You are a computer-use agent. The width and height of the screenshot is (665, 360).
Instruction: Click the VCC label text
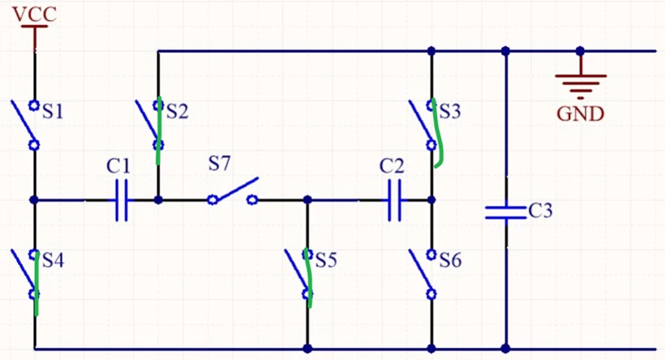[34, 14]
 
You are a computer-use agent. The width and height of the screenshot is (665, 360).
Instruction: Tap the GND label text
[580, 114]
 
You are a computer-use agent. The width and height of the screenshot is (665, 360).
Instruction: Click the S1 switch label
[53, 112]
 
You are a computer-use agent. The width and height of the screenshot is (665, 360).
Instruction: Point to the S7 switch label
[219, 163]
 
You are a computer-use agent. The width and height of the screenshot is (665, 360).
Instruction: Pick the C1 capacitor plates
[122, 200]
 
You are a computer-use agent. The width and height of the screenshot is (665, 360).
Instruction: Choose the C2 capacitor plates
[395, 200]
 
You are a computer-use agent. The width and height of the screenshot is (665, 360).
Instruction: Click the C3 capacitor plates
[505, 212]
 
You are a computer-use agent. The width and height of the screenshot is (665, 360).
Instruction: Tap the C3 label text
[540, 210]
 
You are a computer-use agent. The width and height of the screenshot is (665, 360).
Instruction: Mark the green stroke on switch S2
[159, 131]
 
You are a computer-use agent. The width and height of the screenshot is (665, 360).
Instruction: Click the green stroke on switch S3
[437, 133]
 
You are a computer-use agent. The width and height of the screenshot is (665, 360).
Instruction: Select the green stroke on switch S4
[36, 283]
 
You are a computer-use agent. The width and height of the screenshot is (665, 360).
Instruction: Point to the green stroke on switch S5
[309, 278]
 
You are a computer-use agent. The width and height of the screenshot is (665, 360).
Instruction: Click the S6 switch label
[450, 260]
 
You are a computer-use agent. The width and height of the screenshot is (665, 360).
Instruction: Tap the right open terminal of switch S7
[252, 199]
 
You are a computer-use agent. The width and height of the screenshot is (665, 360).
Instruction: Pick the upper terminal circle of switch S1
[34, 105]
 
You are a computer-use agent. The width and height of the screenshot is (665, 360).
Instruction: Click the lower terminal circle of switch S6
[431, 294]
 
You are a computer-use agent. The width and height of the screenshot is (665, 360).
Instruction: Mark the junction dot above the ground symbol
[580, 51]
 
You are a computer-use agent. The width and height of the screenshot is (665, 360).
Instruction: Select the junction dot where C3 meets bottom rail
[505, 349]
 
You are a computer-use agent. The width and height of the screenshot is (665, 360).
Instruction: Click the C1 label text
[118, 165]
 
